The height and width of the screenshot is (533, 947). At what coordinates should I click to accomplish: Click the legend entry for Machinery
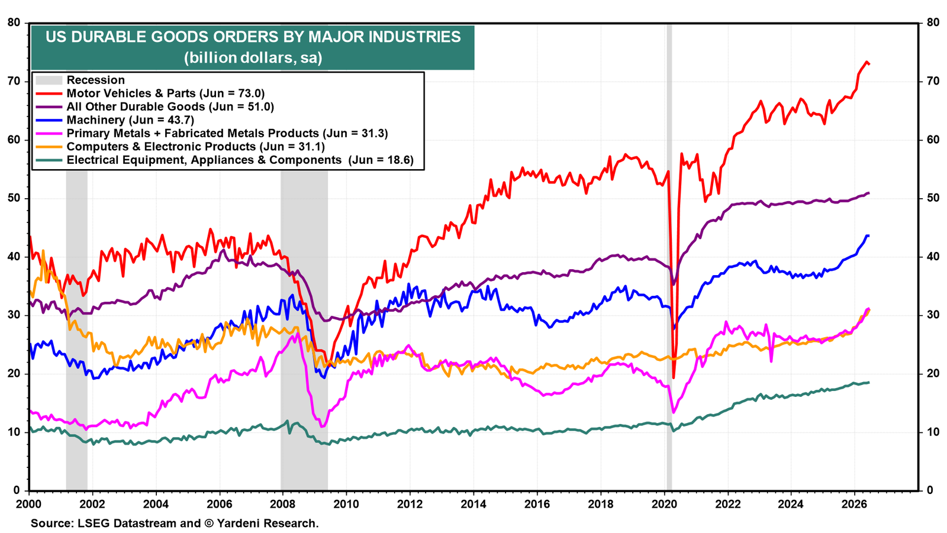(130, 120)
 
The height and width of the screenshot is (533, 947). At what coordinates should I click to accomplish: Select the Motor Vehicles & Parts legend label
(165, 93)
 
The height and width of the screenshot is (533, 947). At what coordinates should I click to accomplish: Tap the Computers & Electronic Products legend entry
(196, 147)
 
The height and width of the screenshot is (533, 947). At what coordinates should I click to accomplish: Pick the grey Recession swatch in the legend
(49, 80)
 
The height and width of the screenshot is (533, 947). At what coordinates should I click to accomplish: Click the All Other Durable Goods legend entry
(170, 106)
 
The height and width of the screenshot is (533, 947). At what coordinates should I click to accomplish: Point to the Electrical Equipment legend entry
(240, 160)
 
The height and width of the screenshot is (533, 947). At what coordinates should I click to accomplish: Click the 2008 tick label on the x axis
(283, 504)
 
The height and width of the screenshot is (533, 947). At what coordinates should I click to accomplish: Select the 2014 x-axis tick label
(474, 504)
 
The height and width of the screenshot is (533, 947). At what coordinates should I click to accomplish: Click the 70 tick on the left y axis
(14, 81)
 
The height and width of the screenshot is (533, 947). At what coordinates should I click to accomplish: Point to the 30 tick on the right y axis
(930, 315)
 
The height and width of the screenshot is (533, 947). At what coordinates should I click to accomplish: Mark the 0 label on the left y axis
(17, 490)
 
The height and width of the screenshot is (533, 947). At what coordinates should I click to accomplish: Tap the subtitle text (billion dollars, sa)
(253, 58)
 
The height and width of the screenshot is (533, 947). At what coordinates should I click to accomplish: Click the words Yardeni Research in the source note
(267, 524)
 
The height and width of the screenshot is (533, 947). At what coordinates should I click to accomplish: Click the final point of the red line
(869, 64)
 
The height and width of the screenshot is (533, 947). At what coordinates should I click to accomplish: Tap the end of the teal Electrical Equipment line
(869, 383)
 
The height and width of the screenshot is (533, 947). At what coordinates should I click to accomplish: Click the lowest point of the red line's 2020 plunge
(674, 378)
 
